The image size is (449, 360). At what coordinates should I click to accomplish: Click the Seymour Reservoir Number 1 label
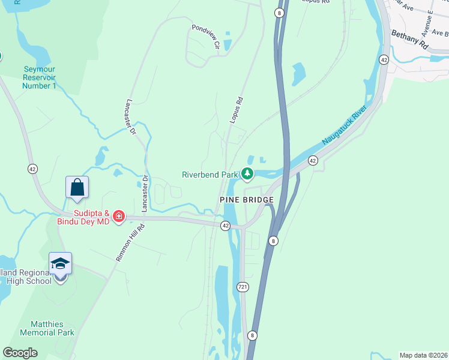click(39, 78)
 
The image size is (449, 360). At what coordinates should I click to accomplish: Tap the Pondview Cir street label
click(205, 36)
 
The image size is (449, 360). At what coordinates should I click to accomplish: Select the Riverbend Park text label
click(210, 175)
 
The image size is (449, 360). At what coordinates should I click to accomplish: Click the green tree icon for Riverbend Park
click(247, 174)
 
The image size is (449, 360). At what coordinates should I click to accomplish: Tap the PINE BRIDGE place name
click(246, 199)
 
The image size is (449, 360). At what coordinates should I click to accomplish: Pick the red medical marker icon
click(119, 216)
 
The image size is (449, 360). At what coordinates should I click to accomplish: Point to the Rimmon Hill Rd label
click(130, 242)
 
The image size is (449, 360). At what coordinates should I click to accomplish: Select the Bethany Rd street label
click(410, 40)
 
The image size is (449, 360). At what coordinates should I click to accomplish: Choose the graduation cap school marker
click(60, 263)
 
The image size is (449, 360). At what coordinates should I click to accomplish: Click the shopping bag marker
click(77, 187)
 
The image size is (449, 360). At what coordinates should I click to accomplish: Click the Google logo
click(20, 352)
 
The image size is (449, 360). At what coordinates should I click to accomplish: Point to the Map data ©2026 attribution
click(423, 355)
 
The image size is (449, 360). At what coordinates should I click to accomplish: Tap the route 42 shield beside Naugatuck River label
click(313, 160)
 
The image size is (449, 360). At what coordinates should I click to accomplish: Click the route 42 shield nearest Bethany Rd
click(384, 59)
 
